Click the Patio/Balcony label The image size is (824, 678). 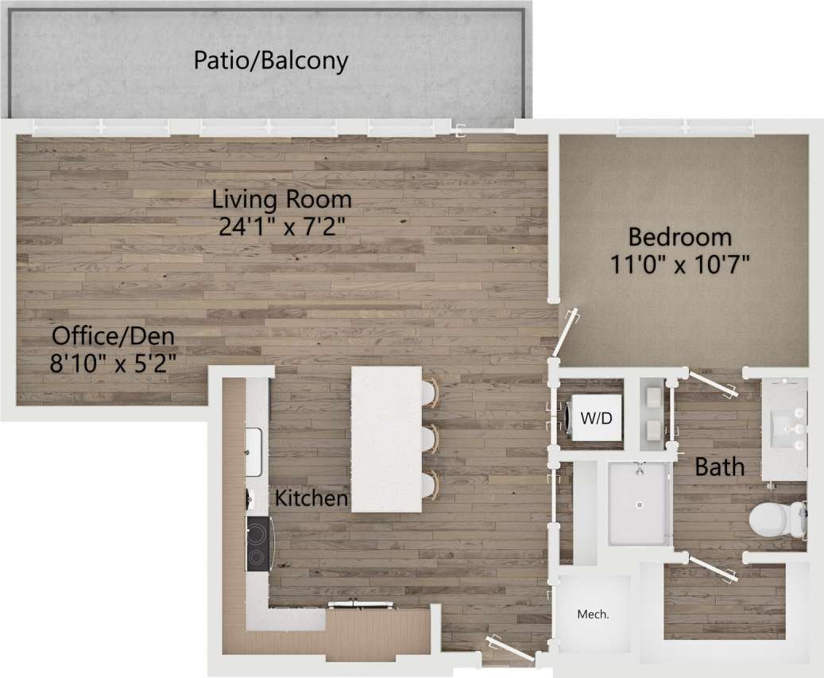pyautogui.click(x=271, y=61)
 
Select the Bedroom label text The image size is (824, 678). pyautogui.click(x=679, y=237)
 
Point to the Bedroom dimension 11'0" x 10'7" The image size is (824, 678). pyautogui.click(x=679, y=264)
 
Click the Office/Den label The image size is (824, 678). pyautogui.click(x=114, y=335)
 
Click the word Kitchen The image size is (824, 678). pyautogui.click(x=311, y=498)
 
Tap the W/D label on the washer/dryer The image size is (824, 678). pyautogui.click(x=602, y=416)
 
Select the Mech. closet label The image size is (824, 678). pyautogui.click(x=593, y=614)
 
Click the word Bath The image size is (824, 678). pyautogui.click(x=720, y=467)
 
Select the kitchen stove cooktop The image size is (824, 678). pyautogui.click(x=258, y=544)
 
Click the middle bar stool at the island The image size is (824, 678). pyautogui.click(x=430, y=439)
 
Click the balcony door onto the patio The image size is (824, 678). pyautogui.click(x=482, y=128)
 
